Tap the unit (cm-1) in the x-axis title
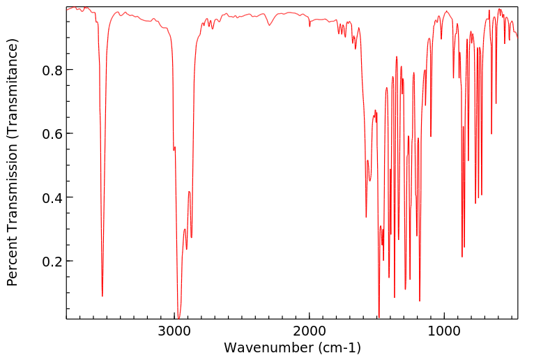(339, 347)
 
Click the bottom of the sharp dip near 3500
(102, 296)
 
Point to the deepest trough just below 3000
(179, 317)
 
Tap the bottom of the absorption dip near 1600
(366, 217)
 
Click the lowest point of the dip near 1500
(379, 317)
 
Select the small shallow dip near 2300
(270, 26)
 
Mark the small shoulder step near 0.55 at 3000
(174, 148)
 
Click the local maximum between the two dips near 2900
(189, 191)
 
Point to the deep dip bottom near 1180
(420, 301)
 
